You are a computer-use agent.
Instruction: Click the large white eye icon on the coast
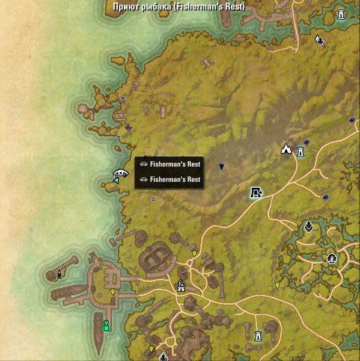[121, 173]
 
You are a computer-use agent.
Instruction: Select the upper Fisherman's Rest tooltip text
[175, 164]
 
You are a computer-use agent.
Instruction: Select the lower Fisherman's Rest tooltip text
[175, 179]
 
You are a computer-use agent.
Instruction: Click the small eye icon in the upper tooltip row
[144, 164]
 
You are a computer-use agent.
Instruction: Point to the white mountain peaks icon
[287, 149]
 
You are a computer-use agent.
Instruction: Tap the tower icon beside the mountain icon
[299, 151]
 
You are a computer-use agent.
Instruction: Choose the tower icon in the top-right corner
[342, 14]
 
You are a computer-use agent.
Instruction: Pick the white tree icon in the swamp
[331, 259]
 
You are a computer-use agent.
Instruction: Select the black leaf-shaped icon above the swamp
[308, 227]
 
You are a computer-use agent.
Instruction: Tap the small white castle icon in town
[180, 286]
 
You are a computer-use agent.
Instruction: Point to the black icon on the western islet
[59, 274]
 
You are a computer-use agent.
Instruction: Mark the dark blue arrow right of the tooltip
[221, 166]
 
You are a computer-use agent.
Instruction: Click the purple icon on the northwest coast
[128, 128]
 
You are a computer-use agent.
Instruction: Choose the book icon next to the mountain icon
[307, 143]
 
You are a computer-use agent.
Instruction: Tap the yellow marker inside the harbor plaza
[112, 292]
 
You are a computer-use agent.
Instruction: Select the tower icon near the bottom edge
[258, 335]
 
